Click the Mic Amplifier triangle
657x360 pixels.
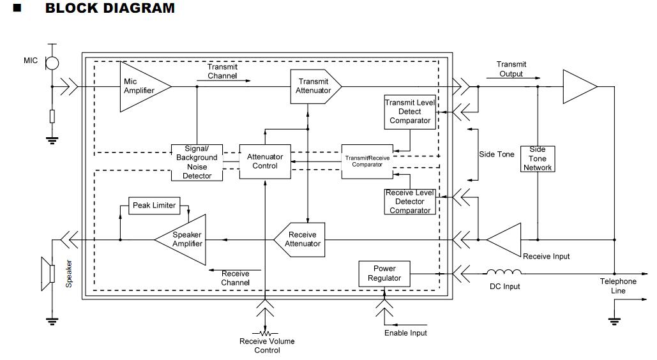(142, 86)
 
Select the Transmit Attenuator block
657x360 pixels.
(315, 86)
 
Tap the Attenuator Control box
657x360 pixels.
(265, 161)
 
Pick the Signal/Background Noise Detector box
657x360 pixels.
(197, 162)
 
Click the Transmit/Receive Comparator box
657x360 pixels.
(367, 161)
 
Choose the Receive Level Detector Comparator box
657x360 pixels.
(410, 202)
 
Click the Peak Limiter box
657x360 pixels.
(154, 206)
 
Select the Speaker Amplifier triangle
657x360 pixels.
(183, 239)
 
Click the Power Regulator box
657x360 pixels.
(384, 273)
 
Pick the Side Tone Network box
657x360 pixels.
(538, 158)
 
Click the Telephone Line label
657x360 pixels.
(617, 286)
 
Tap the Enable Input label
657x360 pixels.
(405, 333)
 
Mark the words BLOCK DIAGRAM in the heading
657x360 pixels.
(110, 9)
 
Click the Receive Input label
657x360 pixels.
(546, 257)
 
